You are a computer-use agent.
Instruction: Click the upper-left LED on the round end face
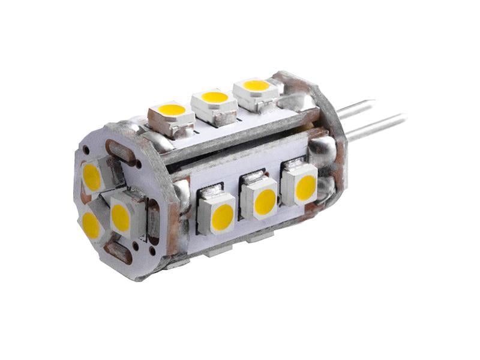(x=93, y=176)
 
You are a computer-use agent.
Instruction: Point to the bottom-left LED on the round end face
(x=93, y=224)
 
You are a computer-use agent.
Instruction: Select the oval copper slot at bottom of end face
(x=117, y=252)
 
